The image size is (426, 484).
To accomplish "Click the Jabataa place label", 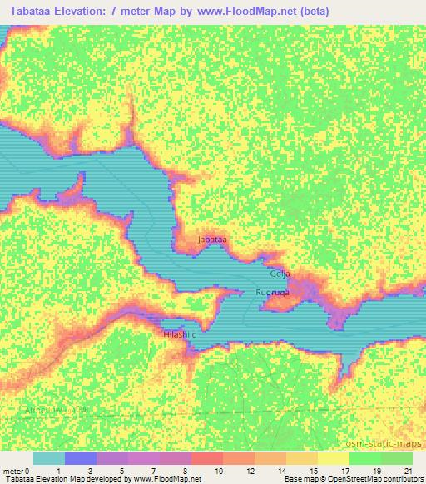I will pos(212,240).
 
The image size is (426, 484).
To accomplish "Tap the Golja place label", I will pos(280,274).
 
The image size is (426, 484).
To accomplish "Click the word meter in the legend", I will pos(14,471).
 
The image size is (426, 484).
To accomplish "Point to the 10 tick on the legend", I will pos(218,471).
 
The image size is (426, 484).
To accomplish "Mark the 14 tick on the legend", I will pos(280,471).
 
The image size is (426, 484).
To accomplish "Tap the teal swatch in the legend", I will pos(48,458).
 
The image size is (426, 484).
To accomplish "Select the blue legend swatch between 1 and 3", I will pos(80,458).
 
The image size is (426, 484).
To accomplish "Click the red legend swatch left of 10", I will pos(206,458).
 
